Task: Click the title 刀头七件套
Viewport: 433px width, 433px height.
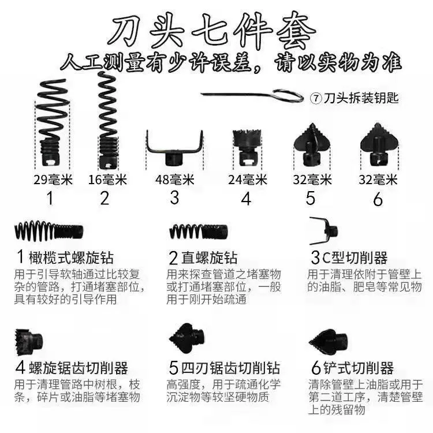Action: [x=211, y=31]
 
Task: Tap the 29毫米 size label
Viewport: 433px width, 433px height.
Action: [x=53, y=180]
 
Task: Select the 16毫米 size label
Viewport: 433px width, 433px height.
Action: [x=107, y=180]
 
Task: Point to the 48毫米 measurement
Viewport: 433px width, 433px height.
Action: [x=174, y=180]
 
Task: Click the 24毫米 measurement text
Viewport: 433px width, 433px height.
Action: [x=248, y=180]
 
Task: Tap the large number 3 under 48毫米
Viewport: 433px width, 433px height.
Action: [x=174, y=197]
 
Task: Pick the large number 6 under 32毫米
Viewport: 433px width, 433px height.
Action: [x=378, y=199]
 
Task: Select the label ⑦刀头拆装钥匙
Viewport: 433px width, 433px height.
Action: [x=354, y=98]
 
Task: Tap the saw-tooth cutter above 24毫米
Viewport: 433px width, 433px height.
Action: [x=245, y=148]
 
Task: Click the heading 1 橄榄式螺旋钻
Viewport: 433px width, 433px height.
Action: [x=64, y=257]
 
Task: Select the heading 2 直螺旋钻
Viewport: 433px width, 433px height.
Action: [x=203, y=257]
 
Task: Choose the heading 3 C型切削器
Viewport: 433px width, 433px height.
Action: [x=349, y=257]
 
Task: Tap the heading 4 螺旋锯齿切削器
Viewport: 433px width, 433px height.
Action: [x=72, y=368]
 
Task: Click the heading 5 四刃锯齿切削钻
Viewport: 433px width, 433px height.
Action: [x=224, y=368]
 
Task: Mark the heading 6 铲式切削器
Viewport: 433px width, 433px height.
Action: [x=352, y=368]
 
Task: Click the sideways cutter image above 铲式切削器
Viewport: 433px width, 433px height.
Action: [x=329, y=341]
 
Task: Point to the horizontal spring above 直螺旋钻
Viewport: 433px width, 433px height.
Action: [x=198, y=232]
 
